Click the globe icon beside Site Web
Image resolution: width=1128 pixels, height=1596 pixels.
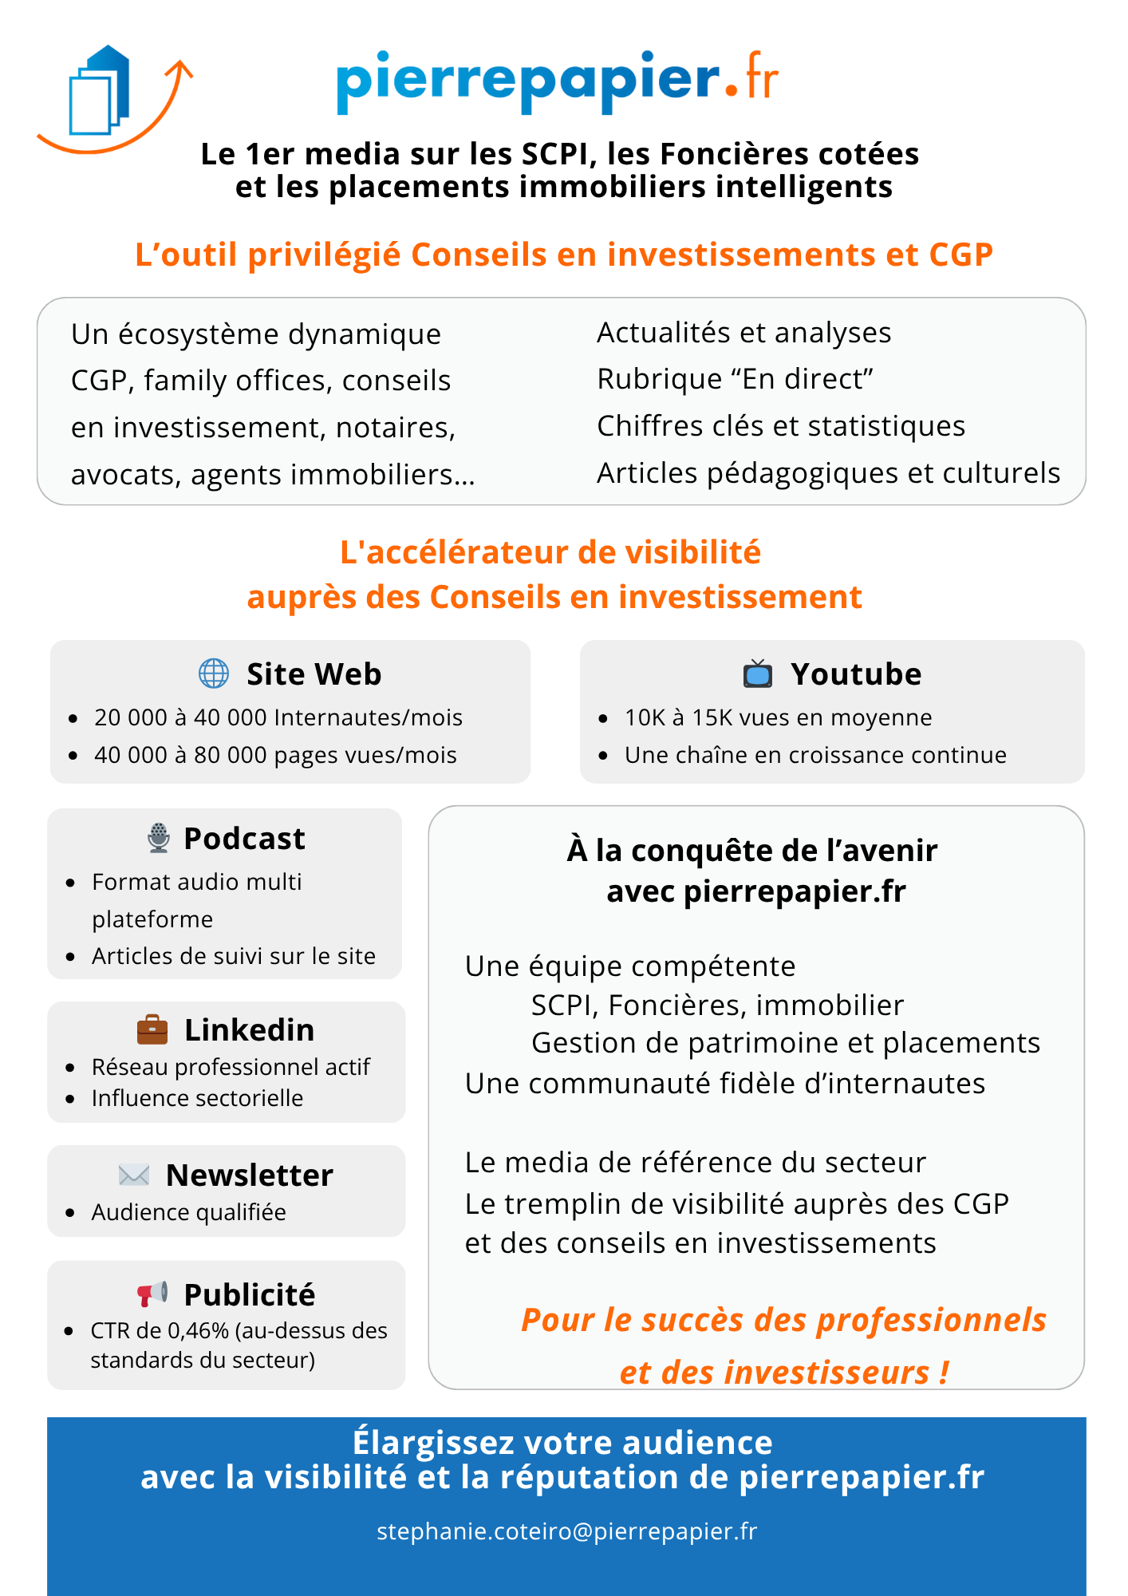pyautogui.click(x=214, y=674)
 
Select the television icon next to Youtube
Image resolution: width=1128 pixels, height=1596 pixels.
pyautogui.click(x=758, y=674)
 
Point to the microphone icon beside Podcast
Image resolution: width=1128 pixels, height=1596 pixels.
pyautogui.click(x=159, y=838)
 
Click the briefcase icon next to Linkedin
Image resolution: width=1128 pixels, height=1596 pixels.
pyautogui.click(x=152, y=1029)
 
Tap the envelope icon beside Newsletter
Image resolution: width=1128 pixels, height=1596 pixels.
pyautogui.click(x=133, y=1175)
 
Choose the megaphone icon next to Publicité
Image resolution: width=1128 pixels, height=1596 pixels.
pyautogui.click(x=152, y=1294)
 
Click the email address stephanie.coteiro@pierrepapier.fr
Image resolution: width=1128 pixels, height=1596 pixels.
pyautogui.click(x=566, y=1531)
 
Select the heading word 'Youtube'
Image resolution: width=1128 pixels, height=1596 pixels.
pyautogui.click(x=856, y=674)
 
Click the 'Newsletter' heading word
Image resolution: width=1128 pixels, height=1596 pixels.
pyautogui.click(x=249, y=1175)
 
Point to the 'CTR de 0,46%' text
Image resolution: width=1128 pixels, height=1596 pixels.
pyautogui.click(x=160, y=1331)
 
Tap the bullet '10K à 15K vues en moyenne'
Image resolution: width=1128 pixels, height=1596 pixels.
pyautogui.click(x=778, y=717)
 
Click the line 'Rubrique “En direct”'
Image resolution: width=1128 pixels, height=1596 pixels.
pyautogui.click(x=735, y=379)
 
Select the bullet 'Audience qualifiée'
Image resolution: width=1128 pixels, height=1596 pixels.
pyautogui.click(x=188, y=1212)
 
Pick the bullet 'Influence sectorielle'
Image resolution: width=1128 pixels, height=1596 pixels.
pyautogui.click(x=197, y=1098)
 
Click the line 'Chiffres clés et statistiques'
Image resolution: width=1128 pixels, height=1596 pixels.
pyautogui.click(x=780, y=426)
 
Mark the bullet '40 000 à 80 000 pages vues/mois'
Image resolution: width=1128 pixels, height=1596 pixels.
pyautogui.click(x=275, y=755)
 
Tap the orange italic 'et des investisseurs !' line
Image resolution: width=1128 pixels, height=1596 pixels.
pyautogui.click(x=784, y=1373)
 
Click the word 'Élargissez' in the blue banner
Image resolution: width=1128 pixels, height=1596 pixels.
pyautogui.click(x=432, y=1443)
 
